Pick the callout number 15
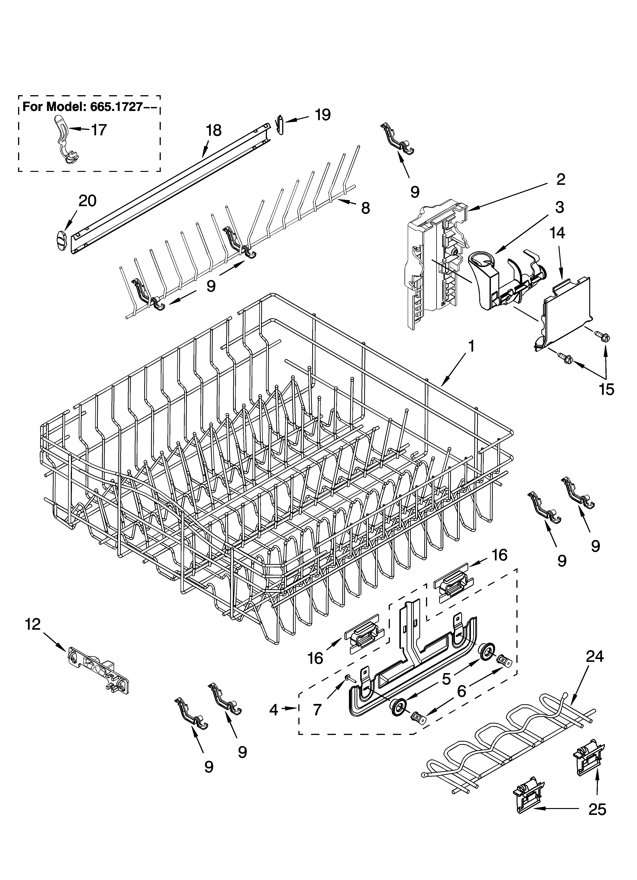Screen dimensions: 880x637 pyautogui.click(x=606, y=389)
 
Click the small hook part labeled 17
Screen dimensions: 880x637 pyautogui.click(x=66, y=140)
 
